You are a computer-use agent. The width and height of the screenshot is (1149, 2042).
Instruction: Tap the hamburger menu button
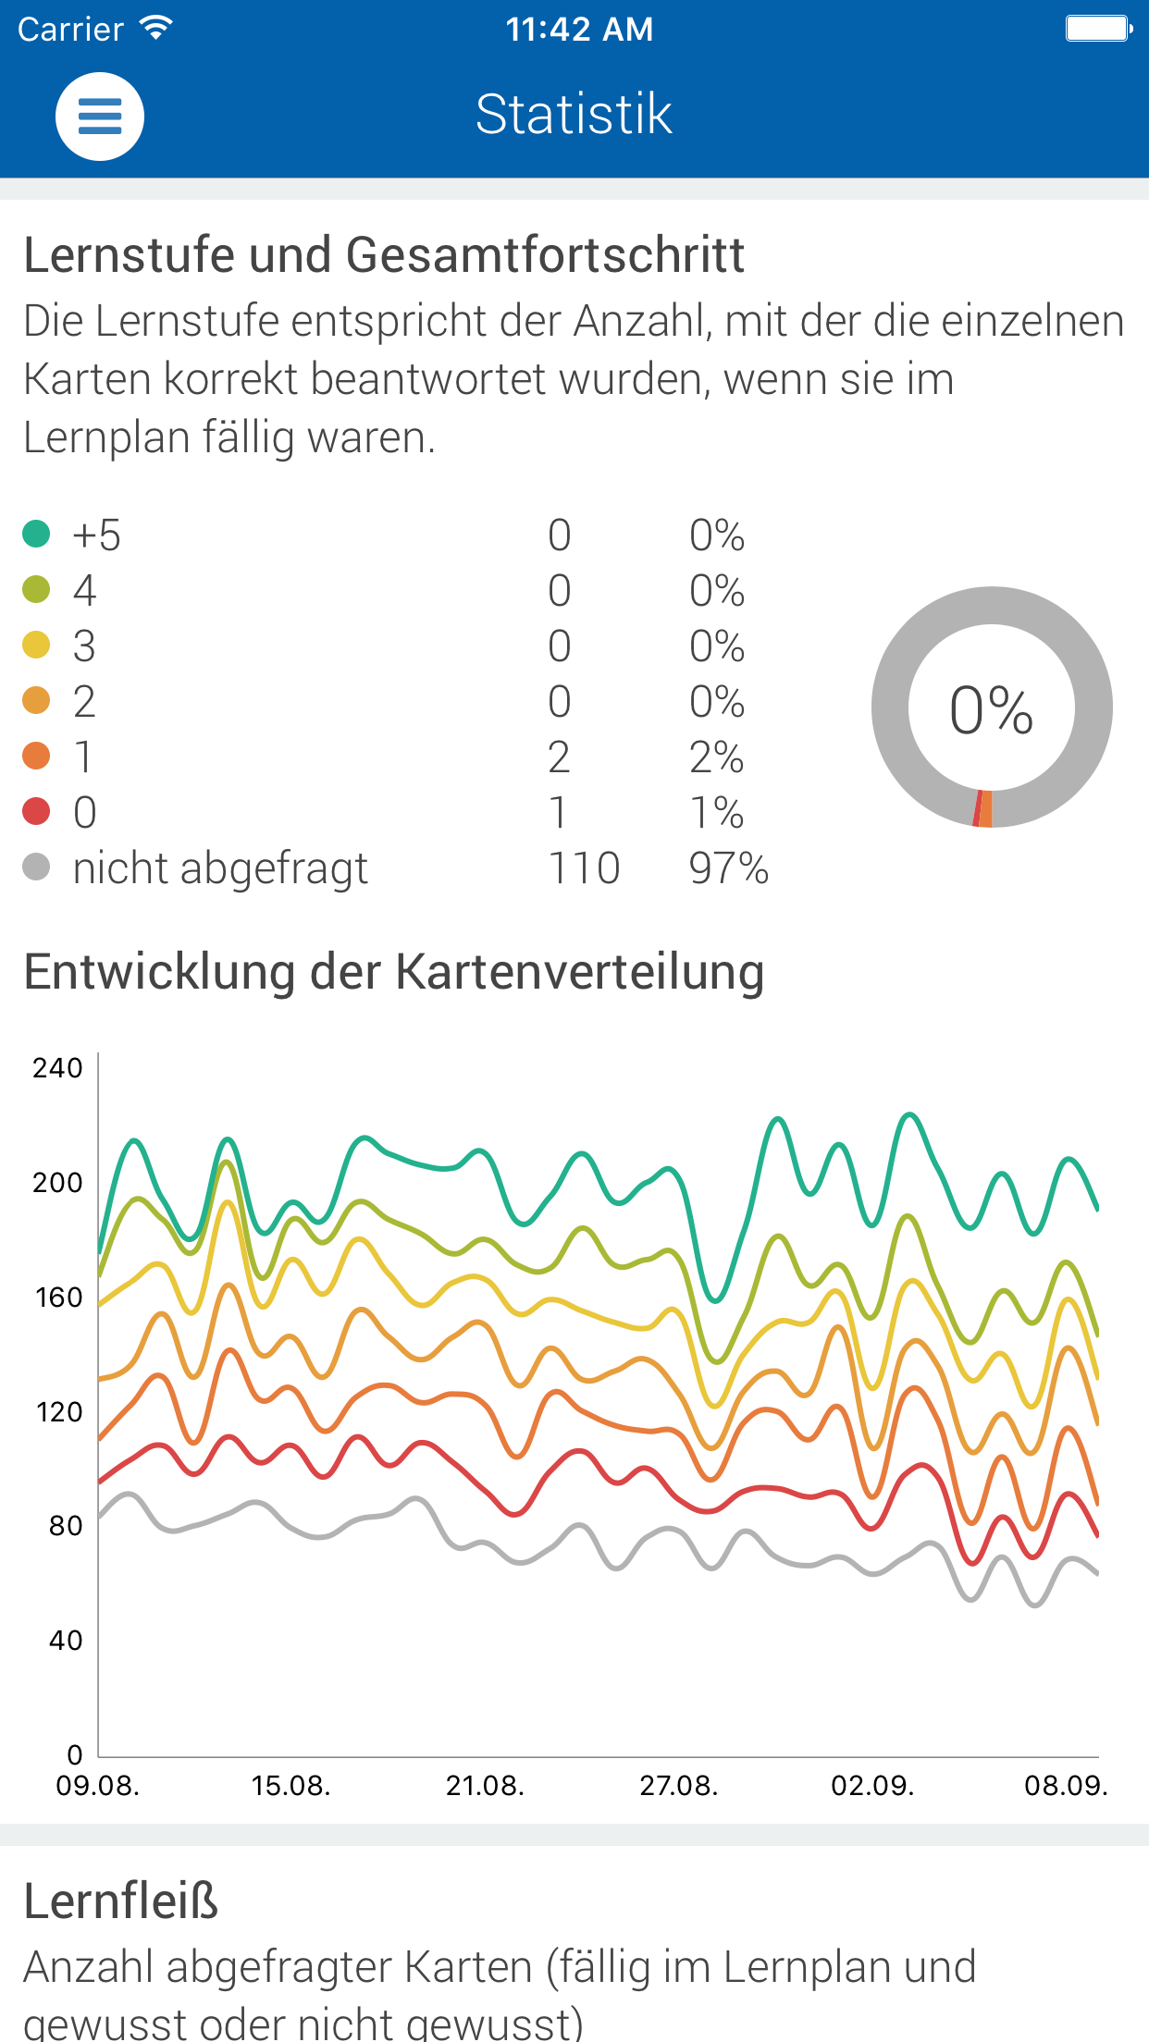click(x=100, y=117)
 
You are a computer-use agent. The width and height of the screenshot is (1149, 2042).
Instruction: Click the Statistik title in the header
click(x=574, y=115)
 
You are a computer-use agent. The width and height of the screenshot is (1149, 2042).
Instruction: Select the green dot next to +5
click(x=36, y=534)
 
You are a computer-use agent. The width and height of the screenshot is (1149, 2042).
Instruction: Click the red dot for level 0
click(x=36, y=811)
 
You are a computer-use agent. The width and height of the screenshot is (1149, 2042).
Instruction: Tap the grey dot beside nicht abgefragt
click(x=36, y=867)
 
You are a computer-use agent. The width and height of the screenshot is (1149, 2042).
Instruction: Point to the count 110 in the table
click(x=584, y=868)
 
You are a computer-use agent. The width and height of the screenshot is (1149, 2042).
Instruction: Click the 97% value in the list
click(x=729, y=868)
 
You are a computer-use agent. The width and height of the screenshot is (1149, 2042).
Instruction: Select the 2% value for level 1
click(x=716, y=757)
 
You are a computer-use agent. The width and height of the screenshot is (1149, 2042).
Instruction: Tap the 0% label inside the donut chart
click(x=991, y=710)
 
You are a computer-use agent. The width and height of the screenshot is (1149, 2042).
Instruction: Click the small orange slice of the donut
click(x=986, y=808)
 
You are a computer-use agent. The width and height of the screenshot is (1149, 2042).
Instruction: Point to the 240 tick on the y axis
click(x=57, y=1068)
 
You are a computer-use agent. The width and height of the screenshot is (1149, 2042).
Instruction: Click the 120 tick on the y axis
click(x=59, y=1412)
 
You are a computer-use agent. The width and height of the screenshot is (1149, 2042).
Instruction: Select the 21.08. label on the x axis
click(x=485, y=1785)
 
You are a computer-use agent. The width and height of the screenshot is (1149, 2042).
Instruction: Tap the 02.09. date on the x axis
click(x=872, y=1785)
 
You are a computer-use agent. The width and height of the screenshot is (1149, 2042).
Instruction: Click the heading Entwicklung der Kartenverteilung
click(x=394, y=973)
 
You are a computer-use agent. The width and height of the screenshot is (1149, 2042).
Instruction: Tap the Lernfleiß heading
click(x=121, y=1901)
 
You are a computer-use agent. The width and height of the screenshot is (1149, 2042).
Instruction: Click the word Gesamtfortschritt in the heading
click(x=545, y=254)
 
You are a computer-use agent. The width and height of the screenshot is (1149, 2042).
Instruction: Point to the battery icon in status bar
click(x=1099, y=29)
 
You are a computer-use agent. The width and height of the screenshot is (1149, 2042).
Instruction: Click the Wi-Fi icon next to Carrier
click(x=155, y=28)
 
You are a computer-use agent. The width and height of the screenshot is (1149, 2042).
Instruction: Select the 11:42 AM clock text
click(x=579, y=30)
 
